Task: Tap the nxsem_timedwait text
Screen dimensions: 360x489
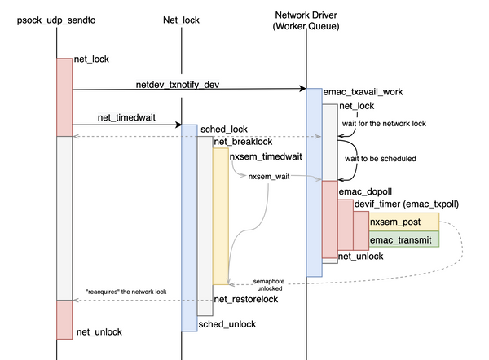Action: click(262, 156)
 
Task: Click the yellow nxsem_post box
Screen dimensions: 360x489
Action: click(403, 222)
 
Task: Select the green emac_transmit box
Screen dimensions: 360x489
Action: click(403, 239)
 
